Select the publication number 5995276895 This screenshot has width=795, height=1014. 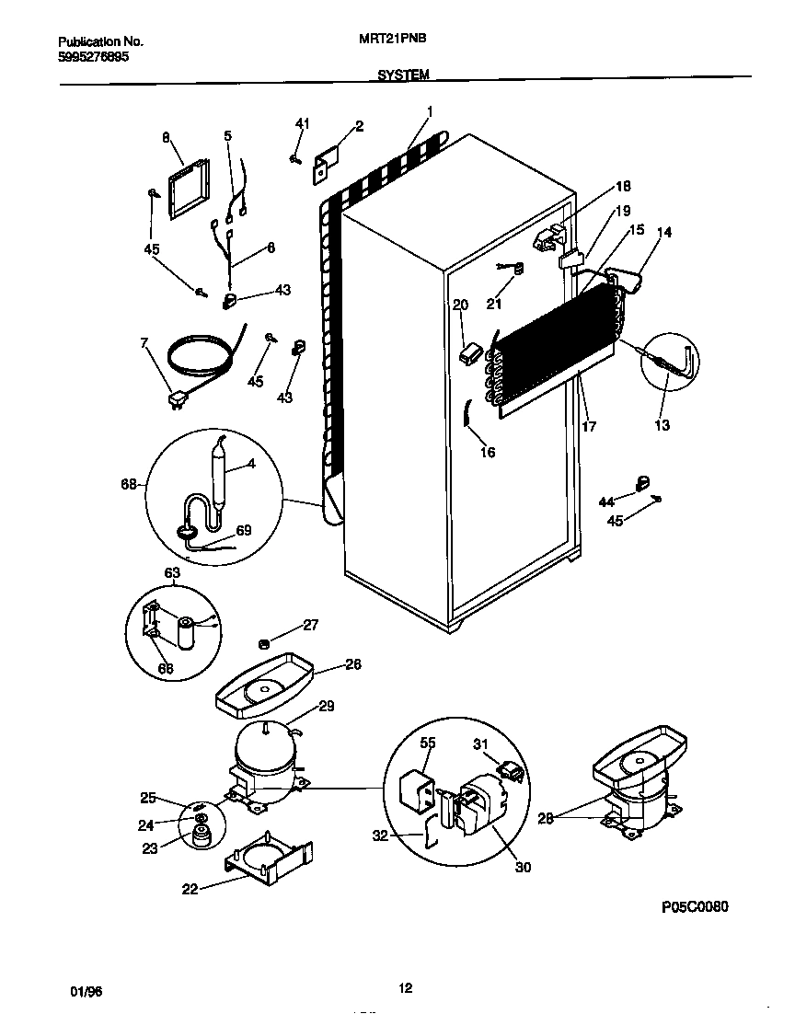(93, 56)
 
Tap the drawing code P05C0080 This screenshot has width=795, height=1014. (695, 906)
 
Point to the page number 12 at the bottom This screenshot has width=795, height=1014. (405, 989)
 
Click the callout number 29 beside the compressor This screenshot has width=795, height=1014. (326, 707)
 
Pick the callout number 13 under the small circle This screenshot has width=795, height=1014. (662, 425)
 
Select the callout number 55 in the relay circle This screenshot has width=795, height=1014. (428, 742)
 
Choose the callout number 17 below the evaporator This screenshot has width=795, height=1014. (590, 426)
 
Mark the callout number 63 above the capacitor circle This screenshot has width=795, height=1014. (172, 572)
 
